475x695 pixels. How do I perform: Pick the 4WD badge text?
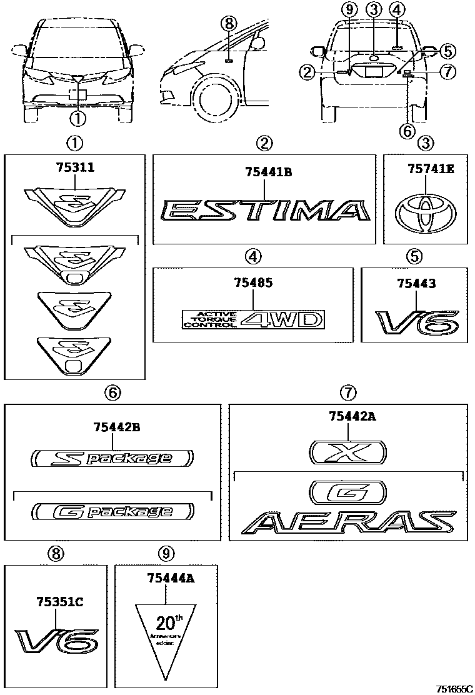[x=283, y=320]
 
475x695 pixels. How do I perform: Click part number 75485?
[x=253, y=283]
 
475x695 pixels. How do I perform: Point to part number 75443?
[x=416, y=283]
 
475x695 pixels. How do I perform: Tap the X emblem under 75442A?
[x=347, y=450]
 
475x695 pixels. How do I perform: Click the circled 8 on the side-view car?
[x=229, y=24]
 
